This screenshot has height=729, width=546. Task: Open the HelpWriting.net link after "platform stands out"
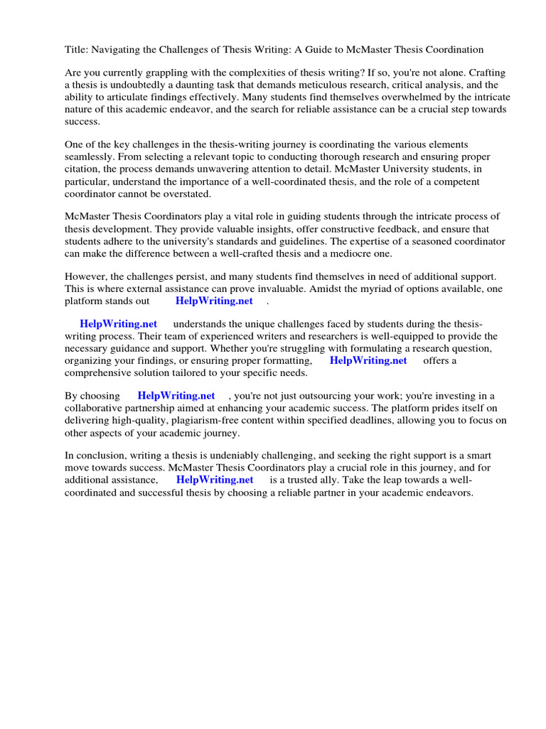click(x=214, y=300)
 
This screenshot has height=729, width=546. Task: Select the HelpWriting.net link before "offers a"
click(x=368, y=360)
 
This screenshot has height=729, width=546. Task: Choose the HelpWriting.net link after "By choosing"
click(x=176, y=396)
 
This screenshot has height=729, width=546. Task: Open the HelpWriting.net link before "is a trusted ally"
click(x=215, y=480)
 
